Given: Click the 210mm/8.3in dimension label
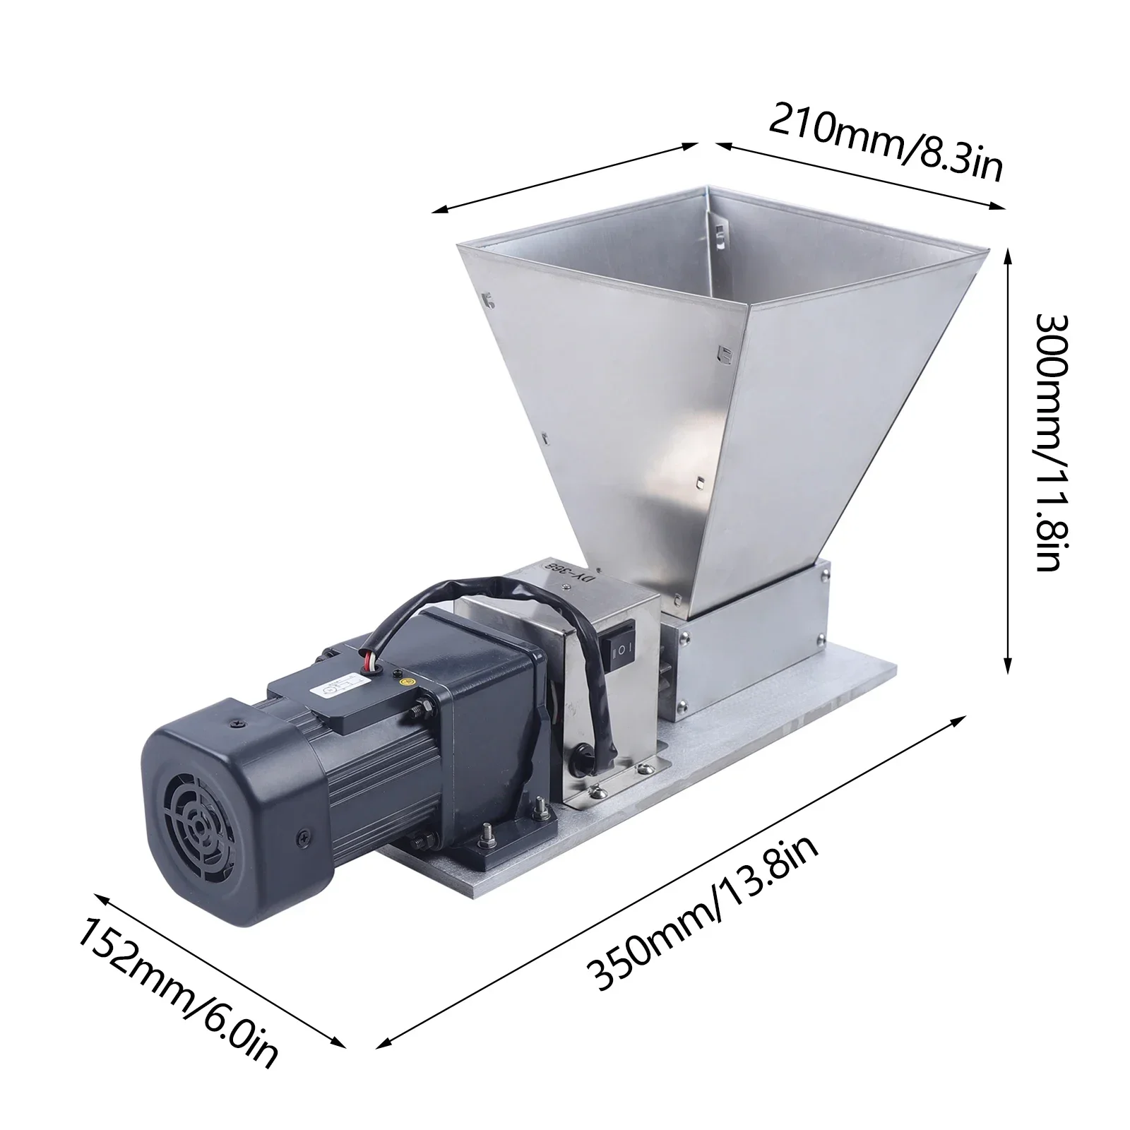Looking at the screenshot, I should (x=884, y=141).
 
